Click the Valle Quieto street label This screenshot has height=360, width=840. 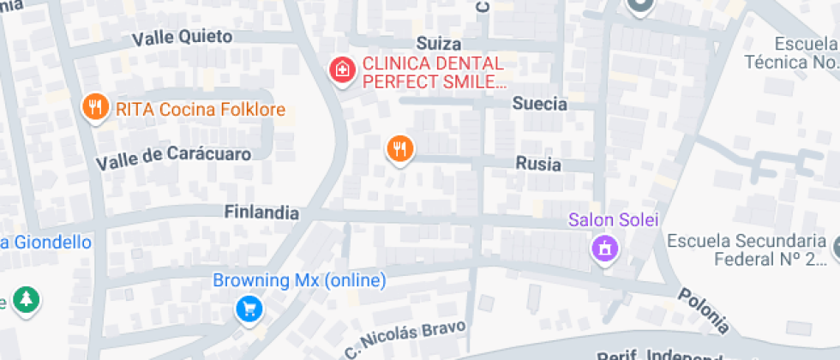tap(182, 37)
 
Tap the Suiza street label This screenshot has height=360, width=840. tap(438, 44)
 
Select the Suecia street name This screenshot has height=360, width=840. tap(539, 104)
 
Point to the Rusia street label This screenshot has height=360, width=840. tap(537, 164)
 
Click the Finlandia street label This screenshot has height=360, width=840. tap(261, 212)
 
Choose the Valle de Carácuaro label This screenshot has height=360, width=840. tap(173, 158)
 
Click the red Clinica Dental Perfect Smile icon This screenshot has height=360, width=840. tap(342, 70)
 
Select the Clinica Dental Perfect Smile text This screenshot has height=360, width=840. tap(434, 72)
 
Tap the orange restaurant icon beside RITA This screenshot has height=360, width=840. tap(94, 108)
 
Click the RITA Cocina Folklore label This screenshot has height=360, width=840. tap(199, 110)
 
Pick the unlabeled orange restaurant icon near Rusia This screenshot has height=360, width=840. tap(399, 149)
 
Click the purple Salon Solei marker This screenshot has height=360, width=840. tap(605, 249)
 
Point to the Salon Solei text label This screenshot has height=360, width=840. tap(614, 220)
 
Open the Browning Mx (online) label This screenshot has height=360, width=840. tap(299, 280)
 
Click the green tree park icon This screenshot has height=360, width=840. tap(27, 299)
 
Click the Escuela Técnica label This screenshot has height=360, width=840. tap(789, 53)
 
